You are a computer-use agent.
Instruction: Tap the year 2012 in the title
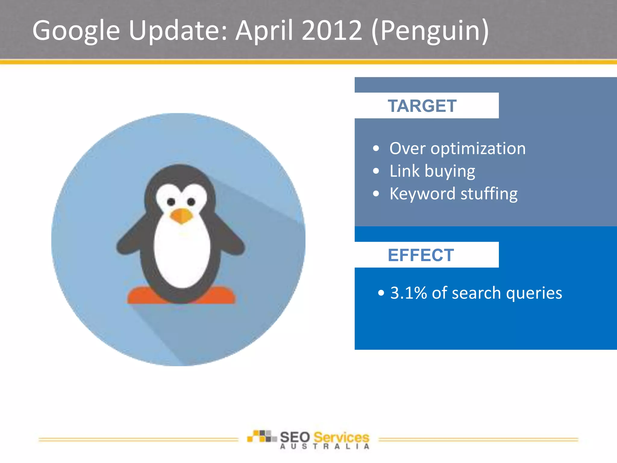coord(332,30)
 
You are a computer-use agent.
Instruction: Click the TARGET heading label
coord(422,106)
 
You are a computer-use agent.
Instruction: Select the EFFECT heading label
coord(421,255)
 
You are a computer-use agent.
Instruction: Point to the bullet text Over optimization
coord(457,149)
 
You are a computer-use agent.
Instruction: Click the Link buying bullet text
coord(432,171)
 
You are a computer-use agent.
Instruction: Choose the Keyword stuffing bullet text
coord(453,194)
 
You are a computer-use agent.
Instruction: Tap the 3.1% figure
coord(408,293)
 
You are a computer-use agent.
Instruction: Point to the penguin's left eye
coord(171,202)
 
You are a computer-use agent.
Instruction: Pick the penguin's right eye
coord(191,202)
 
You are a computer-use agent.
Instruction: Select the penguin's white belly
coord(182,256)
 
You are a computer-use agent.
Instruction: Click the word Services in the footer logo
coord(341,437)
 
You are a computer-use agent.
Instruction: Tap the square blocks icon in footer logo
coord(262,436)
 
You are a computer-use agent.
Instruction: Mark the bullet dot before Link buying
coord(376,171)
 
